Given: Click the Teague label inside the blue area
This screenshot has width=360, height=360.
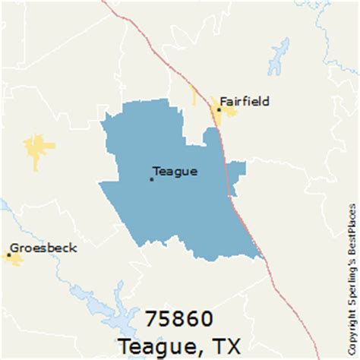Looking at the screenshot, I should point(175,172).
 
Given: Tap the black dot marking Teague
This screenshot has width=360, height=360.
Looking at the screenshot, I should point(151,179).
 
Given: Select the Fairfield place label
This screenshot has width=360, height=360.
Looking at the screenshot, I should point(245,101).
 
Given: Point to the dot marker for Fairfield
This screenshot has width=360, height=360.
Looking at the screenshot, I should point(219,109).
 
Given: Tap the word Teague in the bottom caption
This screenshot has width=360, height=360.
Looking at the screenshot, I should point(149,346).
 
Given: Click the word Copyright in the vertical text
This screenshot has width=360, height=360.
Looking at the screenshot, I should point(352,334).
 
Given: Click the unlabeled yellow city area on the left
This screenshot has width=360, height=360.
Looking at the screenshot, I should point(38,147).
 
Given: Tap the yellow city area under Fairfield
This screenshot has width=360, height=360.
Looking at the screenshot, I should point(226,114).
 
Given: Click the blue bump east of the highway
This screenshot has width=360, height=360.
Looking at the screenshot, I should point(238,171).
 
